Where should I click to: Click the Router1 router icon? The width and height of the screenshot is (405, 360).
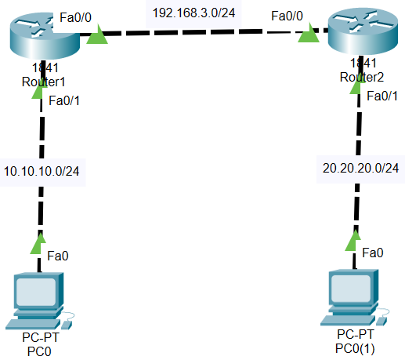tap(45, 35)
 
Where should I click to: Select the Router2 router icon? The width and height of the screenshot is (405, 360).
tap(363, 31)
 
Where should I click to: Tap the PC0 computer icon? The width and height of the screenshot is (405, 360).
tap(39, 300)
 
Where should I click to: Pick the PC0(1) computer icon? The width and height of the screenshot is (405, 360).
tap(355, 298)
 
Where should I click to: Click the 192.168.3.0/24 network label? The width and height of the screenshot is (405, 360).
tap(193, 13)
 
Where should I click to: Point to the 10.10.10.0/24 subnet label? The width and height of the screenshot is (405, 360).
tap(42, 172)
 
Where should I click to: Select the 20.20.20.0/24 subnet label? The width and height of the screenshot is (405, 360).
tap(360, 169)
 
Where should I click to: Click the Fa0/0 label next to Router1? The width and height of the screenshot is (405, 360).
tap(75, 17)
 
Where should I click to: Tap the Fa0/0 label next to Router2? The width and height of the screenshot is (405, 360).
tap(287, 16)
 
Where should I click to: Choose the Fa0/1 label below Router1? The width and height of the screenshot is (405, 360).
tap(64, 100)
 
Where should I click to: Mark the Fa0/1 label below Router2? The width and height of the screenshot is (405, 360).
tap(382, 96)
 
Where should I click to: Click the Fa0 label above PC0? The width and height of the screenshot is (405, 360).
tap(58, 256)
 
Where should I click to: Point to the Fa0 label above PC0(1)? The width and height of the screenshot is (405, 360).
tap(373, 253)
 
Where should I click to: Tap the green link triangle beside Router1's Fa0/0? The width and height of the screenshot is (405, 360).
tap(97, 34)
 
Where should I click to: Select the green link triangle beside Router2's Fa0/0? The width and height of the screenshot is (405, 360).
tap(309, 33)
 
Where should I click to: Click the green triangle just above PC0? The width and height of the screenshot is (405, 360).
tap(38, 244)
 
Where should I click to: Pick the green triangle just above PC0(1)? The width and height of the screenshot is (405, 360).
tap(353, 241)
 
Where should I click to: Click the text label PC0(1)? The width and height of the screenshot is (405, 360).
tap(355, 348)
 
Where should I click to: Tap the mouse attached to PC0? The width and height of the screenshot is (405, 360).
tap(67, 325)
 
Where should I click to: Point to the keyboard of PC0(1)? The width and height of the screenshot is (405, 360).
tap(347, 320)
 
